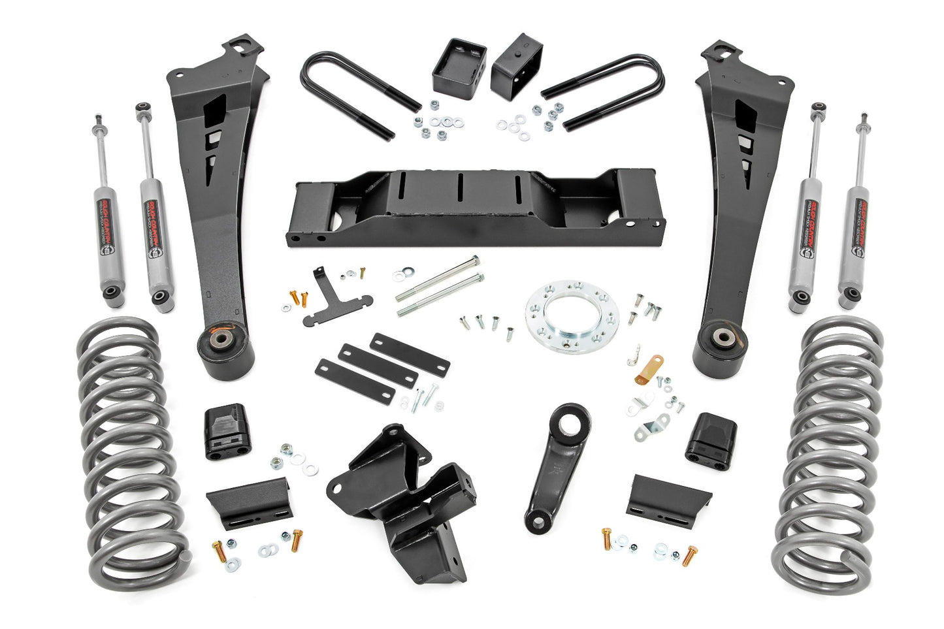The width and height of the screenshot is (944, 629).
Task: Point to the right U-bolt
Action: (x=604, y=91)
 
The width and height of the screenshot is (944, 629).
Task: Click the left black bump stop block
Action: (x=227, y=432)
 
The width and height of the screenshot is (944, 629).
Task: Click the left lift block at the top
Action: (x=459, y=64)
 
